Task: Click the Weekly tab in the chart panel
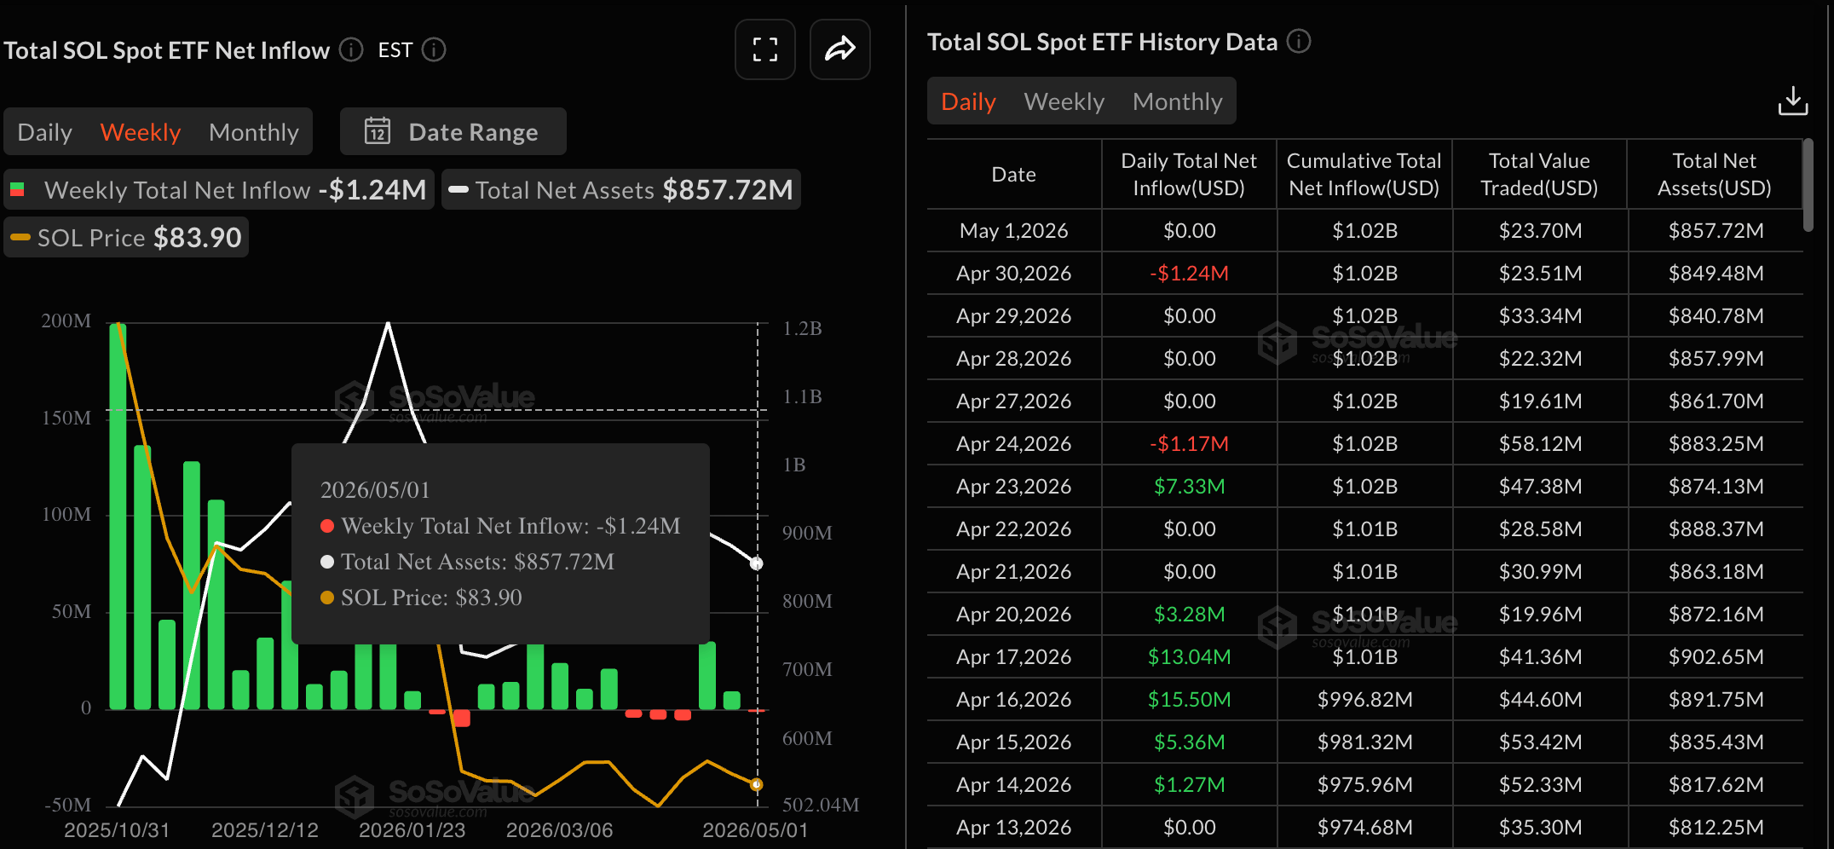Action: [x=141, y=132]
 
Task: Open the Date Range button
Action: [x=453, y=131]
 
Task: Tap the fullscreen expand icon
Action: [x=765, y=49]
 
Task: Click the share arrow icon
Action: [x=840, y=49]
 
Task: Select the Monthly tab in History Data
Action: [x=1178, y=101]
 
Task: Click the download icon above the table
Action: [x=1793, y=101]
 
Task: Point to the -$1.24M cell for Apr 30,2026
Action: [x=1190, y=273]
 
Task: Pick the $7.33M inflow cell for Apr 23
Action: [x=1190, y=486]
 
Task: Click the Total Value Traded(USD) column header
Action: [x=1539, y=174]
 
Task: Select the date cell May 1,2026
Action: [x=1013, y=230]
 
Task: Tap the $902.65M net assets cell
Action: [x=1716, y=656]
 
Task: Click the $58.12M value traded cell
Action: [x=1540, y=443]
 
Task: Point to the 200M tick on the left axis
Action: [x=66, y=321]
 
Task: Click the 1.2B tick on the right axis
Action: [x=802, y=328]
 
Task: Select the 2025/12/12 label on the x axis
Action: [x=265, y=829]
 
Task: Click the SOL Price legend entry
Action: [x=126, y=237]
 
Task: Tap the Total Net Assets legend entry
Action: [x=621, y=189]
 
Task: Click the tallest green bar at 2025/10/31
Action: [x=118, y=516]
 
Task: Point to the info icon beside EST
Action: [x=434, y=49]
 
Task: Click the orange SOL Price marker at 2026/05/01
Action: [x=756, y=784]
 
